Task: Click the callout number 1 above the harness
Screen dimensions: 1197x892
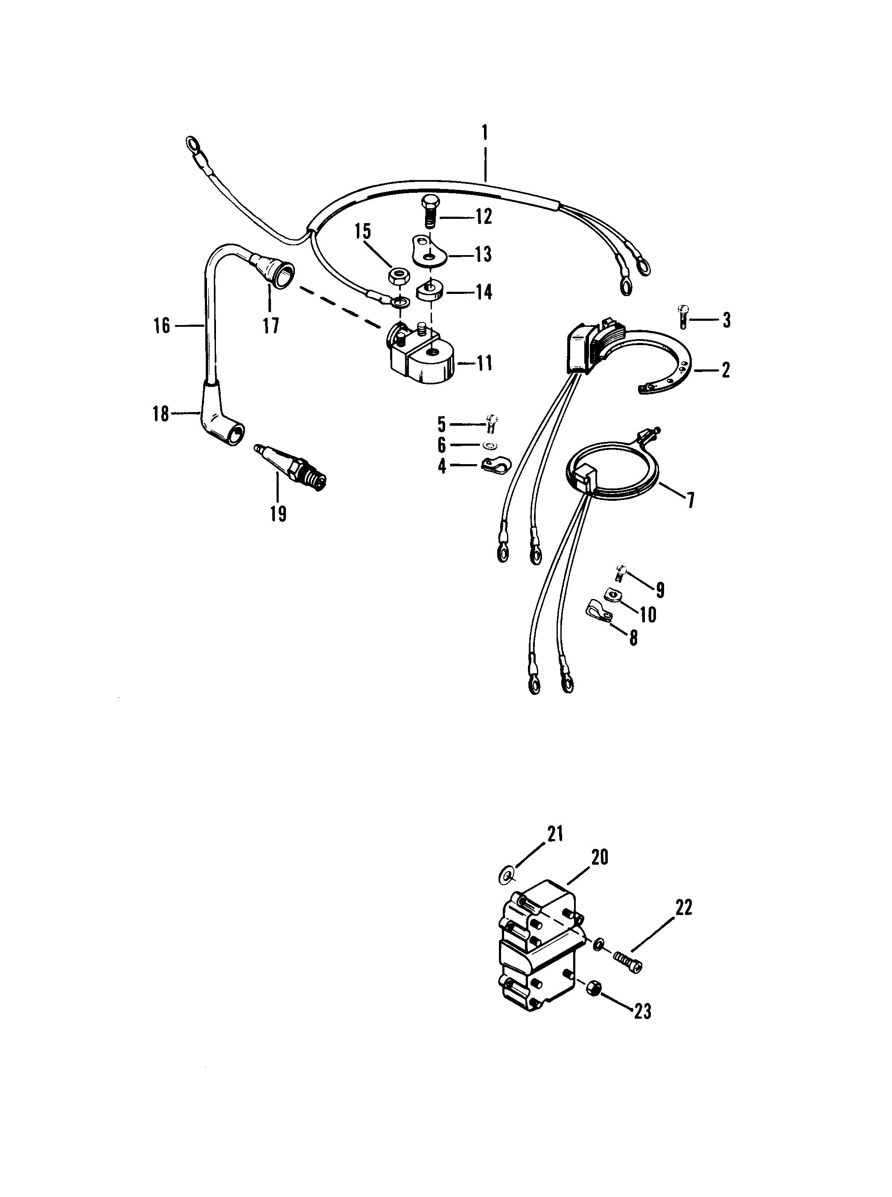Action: point(484,132)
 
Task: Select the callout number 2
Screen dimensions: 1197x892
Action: point(726,370)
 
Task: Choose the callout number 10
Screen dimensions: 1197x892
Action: point(648,614)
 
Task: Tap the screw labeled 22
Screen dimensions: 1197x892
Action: point(627,962)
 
